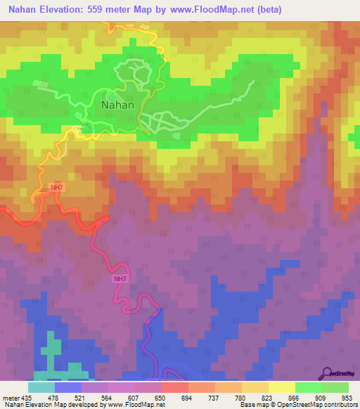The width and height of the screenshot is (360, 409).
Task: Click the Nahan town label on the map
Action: tap(117, 105)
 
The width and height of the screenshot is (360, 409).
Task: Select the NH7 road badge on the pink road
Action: tap(120, 279)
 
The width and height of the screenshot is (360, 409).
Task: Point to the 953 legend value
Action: tap(347, 397)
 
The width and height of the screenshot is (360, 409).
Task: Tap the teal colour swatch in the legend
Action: tap(41, 387)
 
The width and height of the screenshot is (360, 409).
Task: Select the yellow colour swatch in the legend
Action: tap(281, 387)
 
